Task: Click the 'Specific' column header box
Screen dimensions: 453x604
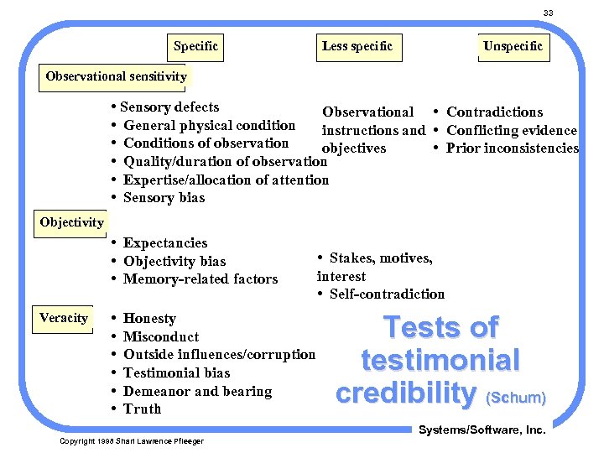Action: [x=195, y=46]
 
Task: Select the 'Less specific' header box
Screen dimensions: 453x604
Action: [x=357, y=46]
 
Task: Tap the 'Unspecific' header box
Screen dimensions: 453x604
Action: [x=513, y=46]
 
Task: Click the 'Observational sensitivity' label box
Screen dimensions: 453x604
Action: [x=116, y=76]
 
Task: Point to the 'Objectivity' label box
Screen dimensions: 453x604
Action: [x=71, y=222]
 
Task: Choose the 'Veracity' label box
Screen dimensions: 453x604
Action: [x=64, y=318]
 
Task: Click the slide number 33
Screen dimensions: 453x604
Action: [x=548, y=13]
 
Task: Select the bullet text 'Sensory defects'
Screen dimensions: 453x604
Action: [x=169, y=107]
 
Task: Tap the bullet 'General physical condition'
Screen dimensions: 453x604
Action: [x=209, y=126]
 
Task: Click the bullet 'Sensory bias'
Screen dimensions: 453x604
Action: [x=164, y=198]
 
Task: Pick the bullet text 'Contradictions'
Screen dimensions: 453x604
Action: [x=494, y=112]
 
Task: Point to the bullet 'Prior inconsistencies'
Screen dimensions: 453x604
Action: [x=512, y=148]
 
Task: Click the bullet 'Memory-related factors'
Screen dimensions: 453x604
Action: [x=200, y=279]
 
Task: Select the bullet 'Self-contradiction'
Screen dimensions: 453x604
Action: [x=387, y=294]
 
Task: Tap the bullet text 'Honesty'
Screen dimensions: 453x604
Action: [x=149, y=319]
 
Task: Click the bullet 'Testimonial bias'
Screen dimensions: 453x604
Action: [x=176, y=373]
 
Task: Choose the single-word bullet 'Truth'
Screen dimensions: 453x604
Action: [x=142, y=409]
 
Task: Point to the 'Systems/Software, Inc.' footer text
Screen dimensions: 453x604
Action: [x=482, y=430]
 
